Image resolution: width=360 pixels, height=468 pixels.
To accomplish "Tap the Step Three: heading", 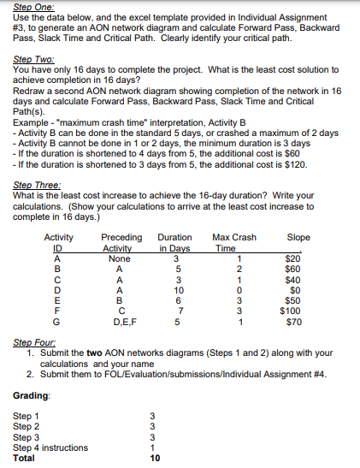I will click(33, 172).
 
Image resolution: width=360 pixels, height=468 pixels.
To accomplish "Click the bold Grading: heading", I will click(31, 396).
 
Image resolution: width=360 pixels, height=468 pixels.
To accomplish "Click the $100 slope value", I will click(293, 311).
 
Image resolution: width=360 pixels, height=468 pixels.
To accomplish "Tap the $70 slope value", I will click(295, 322).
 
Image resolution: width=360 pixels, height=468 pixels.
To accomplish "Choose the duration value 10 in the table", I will click(175, 290).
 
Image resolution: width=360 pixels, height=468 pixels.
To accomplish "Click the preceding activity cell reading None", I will click(120, 258).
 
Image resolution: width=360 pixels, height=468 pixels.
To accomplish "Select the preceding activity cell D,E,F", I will click(120, 322).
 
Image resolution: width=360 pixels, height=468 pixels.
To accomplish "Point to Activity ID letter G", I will click(56, 322).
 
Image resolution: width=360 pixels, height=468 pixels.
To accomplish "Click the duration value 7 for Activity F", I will click(175, 311).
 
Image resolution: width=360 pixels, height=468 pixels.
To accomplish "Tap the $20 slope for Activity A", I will click(295, 258).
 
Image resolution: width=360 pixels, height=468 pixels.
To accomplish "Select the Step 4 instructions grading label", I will click(50, 447).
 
